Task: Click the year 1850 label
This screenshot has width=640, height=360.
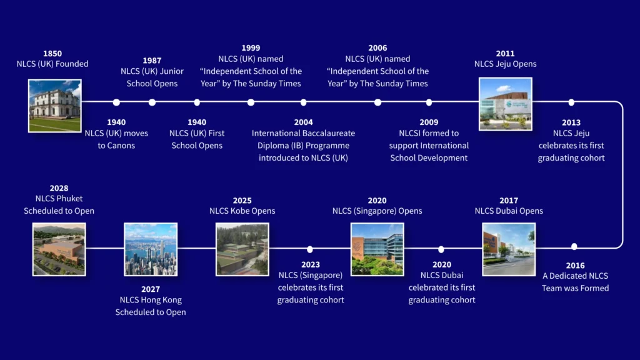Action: (x=52, y=54)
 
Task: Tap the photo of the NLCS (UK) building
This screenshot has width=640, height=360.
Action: (x=55, y=106)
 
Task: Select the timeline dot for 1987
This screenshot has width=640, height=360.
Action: (x=152, y=102)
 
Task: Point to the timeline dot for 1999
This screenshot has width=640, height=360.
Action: (x=251, y=102)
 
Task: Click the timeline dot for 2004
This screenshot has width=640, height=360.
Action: (x=303, y=102)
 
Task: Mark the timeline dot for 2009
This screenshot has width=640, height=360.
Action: (x=429, y=102)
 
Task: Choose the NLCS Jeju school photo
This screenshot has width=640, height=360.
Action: (x=505, y=104)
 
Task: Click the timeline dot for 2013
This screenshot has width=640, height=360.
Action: (x=571, y=102)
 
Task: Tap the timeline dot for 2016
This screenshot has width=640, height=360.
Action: (x=574, y=246)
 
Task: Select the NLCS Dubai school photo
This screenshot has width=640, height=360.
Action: (x=509, y=249)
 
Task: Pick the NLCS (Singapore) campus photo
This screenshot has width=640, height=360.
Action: (x=377, y=249)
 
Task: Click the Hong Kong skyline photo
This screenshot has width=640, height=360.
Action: (x=151, y=249)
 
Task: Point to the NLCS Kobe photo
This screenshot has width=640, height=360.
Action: (x=242, y=249)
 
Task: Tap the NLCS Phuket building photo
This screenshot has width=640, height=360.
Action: (x=59, y=249)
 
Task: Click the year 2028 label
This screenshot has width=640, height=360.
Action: (x=59, y=188)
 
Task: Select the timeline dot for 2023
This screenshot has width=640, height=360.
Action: (x=310, y=249)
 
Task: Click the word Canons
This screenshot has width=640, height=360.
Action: (x=121, y=146)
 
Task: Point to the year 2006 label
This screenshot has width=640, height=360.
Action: (x=377, y=47)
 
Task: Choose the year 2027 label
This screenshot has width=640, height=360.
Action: (x=151, y=289)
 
